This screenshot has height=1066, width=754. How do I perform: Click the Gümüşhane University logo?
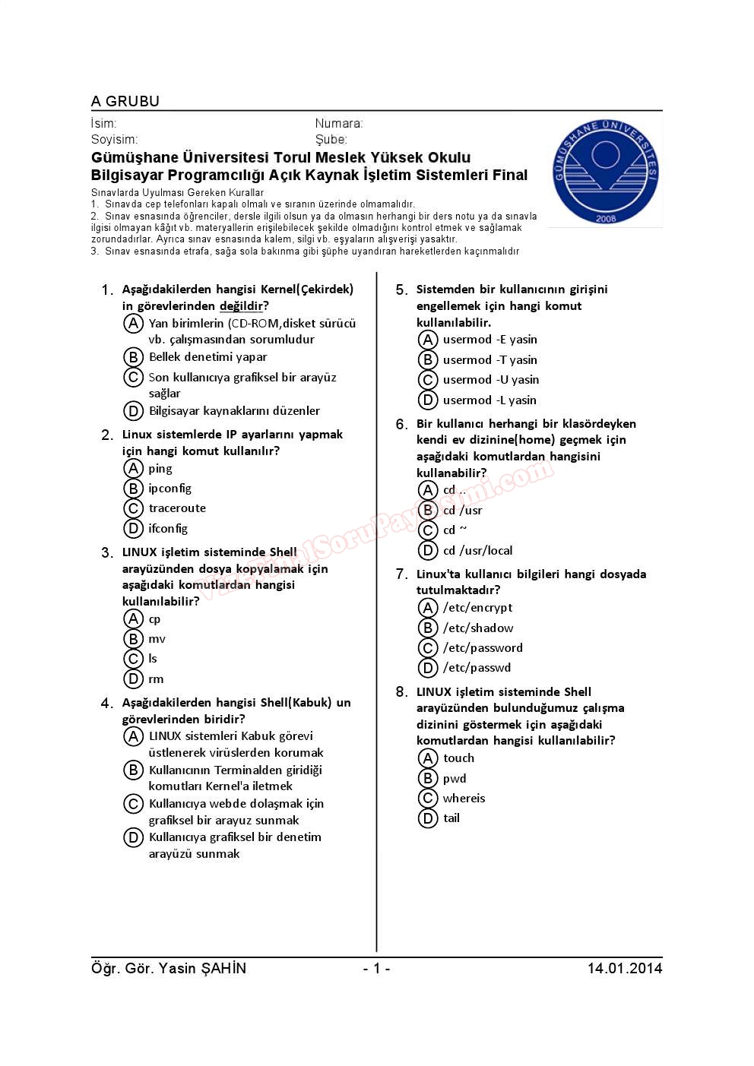pos(605,172)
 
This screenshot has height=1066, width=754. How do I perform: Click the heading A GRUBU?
pos(125,101)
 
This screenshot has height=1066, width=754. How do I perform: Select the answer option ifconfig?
pos(168,528)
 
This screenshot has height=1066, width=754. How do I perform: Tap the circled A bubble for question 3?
pos(134,618)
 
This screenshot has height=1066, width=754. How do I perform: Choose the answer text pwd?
pos(455,778)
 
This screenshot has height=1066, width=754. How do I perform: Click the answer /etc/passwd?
pos(477,667)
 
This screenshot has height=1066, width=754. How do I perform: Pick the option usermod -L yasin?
pos(489,400)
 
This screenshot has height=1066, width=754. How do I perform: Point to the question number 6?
pos(401,424)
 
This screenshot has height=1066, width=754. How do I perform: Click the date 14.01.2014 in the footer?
pos(624,968)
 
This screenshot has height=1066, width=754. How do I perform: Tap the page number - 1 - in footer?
pos(376,968)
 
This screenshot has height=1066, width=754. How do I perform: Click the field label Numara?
pos(339,123)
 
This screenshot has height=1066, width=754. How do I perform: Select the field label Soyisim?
pos(114,139)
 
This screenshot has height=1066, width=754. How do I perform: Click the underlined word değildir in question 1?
pos(241,306)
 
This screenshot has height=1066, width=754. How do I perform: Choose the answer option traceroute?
pos(177,508)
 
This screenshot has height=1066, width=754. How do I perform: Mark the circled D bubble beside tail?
pos(428,818)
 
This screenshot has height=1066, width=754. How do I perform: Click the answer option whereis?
pos(464,798)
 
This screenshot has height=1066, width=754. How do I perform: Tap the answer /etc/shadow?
pos(478,628)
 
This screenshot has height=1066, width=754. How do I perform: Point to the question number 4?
pos(107,704)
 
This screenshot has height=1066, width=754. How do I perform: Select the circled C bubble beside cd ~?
pos(428,530)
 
